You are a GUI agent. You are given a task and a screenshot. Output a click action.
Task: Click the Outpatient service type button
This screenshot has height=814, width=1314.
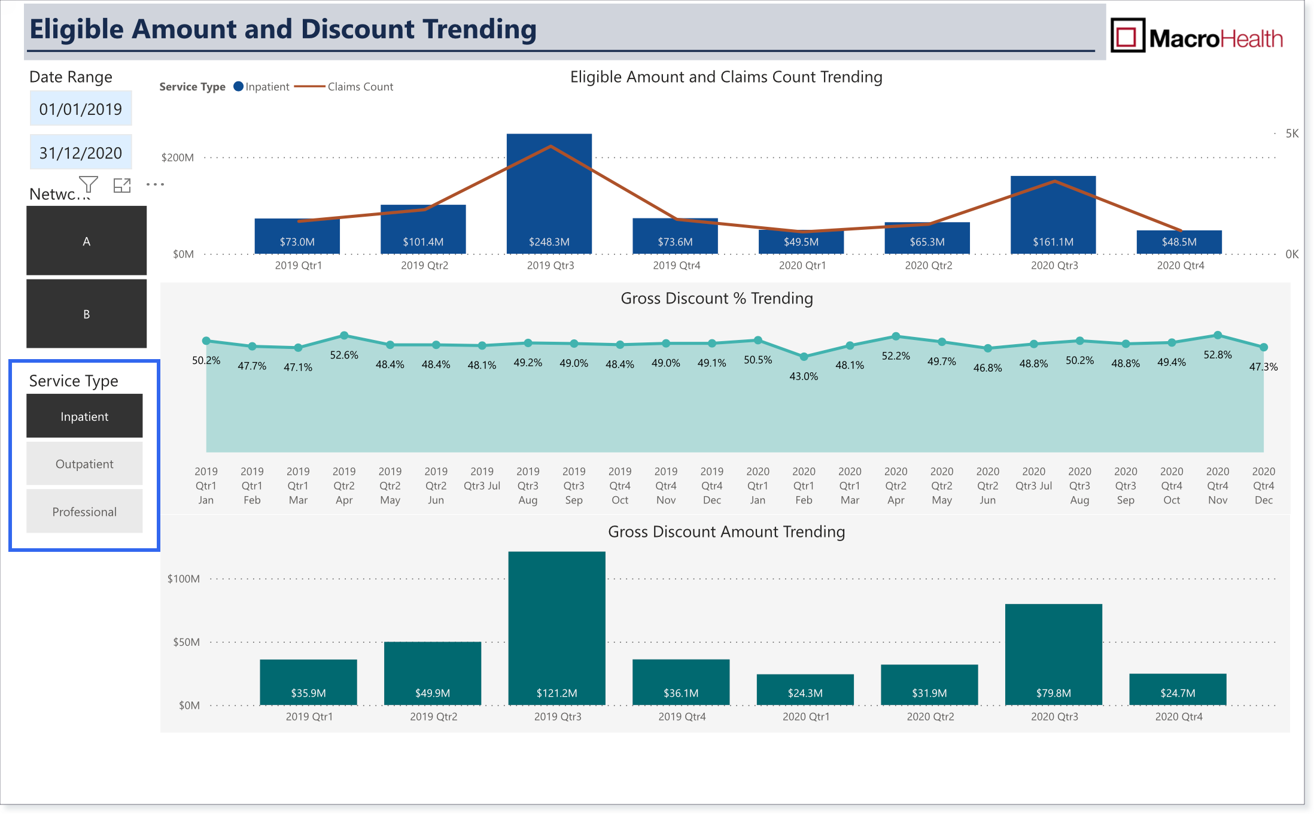coord(84,464)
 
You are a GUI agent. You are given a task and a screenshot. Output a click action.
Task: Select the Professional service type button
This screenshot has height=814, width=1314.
coord(84,512)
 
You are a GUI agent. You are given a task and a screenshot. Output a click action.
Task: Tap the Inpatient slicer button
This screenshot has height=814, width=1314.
coord(84,416)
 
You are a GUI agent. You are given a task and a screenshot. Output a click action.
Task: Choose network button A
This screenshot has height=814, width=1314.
coord(86,241)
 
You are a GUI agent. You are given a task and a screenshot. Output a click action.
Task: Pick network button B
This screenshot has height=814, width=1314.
coord(86,314)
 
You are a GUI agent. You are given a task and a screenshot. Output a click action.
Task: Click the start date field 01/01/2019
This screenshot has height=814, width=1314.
coord(81,108)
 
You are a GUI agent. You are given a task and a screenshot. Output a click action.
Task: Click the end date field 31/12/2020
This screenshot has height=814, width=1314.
coord(81,153)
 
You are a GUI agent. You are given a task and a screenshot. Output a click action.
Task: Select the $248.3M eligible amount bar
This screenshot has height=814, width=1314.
coord(549,194)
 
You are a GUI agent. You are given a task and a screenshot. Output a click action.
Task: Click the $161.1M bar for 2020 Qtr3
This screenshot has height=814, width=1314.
coord(1053,215)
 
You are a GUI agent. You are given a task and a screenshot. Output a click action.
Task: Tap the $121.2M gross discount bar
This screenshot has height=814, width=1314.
coord(556,628)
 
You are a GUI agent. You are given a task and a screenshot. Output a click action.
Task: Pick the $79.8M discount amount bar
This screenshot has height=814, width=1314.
coord(1054,655)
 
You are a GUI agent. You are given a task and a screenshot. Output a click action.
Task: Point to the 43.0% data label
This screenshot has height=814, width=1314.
coord(804,376)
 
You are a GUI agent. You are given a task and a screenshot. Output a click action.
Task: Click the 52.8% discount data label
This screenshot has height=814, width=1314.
coord(1218,355)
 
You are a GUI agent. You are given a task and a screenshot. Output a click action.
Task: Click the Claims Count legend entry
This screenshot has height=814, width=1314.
coord(344,87)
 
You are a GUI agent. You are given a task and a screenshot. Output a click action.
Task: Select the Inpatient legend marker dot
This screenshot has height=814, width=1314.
coord(238,86)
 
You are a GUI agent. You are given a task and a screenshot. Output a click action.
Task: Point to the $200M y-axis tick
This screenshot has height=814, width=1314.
coord(178,157)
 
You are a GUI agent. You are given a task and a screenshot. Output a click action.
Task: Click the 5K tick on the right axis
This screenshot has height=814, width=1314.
coord(1292,133)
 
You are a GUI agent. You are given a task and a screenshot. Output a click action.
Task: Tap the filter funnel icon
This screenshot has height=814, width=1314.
coord(89,184)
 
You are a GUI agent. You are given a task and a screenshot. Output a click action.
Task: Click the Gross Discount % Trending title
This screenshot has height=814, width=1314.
coord(717,298)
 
